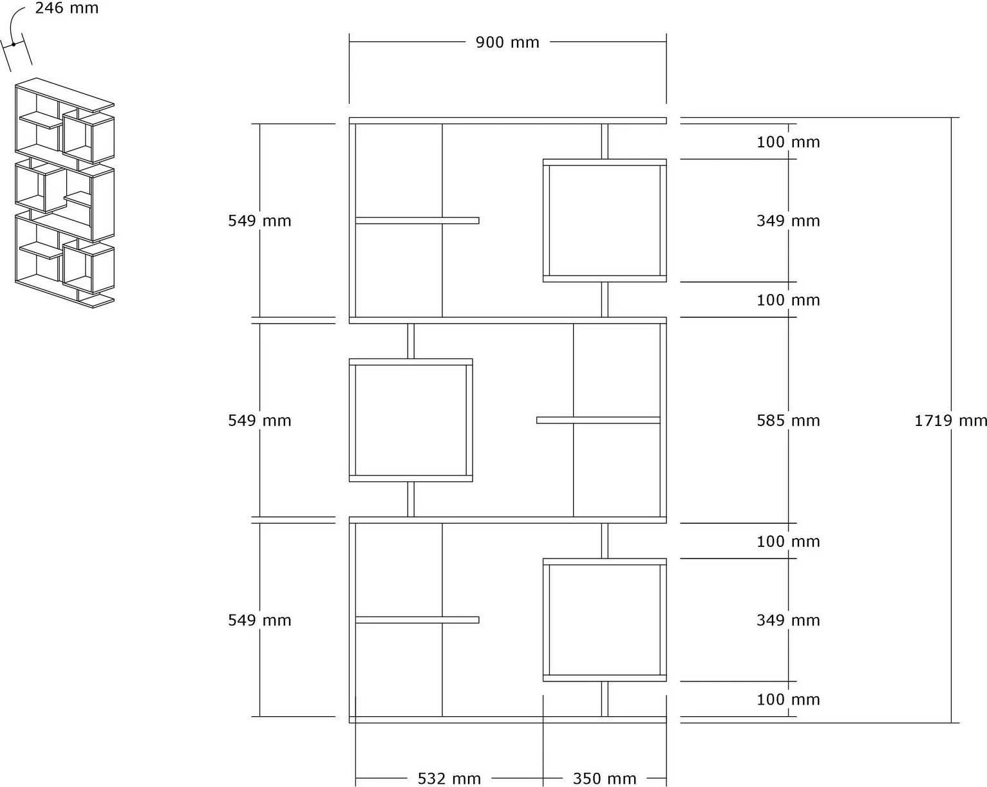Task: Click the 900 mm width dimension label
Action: pos(507,42)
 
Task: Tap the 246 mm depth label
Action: pos(67,8)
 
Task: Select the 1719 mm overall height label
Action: pos(950,420)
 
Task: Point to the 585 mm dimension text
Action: pos(788,420)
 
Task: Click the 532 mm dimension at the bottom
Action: pos(449,778)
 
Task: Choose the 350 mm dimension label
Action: pos(605,778)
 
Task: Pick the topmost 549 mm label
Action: pos(259,221)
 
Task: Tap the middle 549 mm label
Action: pos(259,420)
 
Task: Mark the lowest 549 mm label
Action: pos(259,620)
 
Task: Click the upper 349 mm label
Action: pos(788,221)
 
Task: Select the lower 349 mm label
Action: pos(788,620)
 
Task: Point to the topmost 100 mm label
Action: pos(788,142)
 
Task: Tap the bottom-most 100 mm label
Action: pos(788,699)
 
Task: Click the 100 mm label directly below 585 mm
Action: pos(788,541)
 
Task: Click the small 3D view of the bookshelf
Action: pos(64,192)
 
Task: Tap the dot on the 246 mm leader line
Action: pos(14,44)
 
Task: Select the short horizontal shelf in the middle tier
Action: pos(598,420)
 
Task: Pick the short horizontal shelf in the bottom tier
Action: pos(417,620)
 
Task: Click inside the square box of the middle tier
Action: pos(411,420)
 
